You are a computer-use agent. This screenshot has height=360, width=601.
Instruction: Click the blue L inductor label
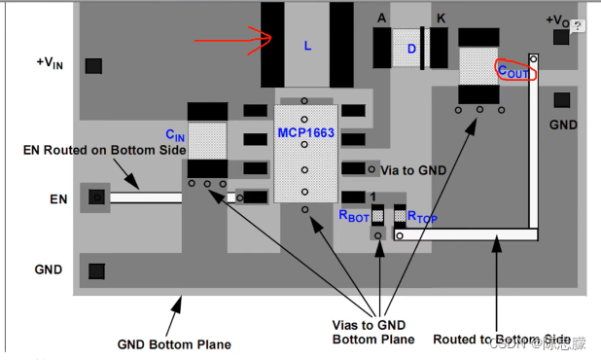(307, 46)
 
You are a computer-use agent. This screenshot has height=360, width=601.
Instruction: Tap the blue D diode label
(411, 49)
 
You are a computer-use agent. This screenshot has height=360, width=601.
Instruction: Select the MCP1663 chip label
(306, 132)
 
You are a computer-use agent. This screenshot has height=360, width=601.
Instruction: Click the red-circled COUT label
(513, 71)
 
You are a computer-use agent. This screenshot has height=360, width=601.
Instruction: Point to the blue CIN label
(175, 135)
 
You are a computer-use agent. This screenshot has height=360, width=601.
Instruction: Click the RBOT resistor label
(354, 216)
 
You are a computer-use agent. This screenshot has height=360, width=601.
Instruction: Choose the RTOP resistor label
(422, 217)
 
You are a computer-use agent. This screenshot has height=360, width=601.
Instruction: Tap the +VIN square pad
(93, 66)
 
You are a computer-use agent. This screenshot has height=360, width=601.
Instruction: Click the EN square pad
(96, 198)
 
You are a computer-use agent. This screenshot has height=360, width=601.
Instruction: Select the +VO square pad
(561, 37)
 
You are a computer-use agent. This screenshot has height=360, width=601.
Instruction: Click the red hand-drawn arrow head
(271, 37)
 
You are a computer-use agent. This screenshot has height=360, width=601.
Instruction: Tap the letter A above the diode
(381, 18)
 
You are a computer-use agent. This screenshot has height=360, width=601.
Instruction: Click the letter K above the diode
(441, 18)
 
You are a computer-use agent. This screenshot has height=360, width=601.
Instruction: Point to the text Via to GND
(413, 170)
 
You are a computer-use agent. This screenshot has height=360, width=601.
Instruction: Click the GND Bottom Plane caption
(174, 344)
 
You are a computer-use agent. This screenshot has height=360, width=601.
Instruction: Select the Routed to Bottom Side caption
(502, 340)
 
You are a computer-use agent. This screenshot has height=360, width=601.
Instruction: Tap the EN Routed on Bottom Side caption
(104, 150)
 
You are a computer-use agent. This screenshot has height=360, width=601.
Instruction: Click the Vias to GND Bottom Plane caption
(373, 332)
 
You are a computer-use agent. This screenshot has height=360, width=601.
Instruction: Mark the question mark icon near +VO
(578, 26)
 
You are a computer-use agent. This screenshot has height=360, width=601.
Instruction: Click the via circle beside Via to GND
(371, 169)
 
